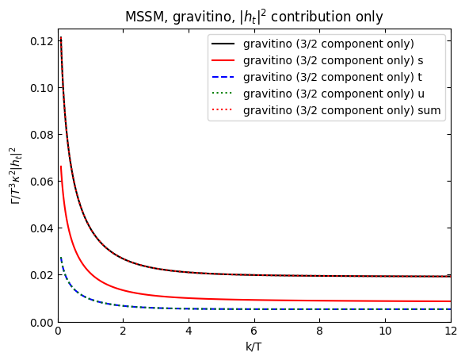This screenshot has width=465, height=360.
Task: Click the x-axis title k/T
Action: pyautogui.click(x=254, y=347)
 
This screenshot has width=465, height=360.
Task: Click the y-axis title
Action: pyautogui.click(x=15, y=175)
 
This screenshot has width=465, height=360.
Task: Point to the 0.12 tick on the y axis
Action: pyautogui.click(x=40, y=41)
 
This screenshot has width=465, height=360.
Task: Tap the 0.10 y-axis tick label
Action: pyautogui.click(x=40, y=88)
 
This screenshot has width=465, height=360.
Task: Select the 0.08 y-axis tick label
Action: pyautogui.click(x=40, y=135)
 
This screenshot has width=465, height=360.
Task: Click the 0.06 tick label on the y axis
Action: pyautogui.click(x=40, y=182)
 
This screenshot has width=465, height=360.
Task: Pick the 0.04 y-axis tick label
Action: pyautogui.click(x=40, y=228)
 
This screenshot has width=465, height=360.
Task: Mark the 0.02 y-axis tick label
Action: pyautogui.click(x=40, y=275)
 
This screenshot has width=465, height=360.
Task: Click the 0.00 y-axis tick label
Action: pyautogui.click(x=40, y=322)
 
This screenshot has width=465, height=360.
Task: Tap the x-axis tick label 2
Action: pyautogui.click(x=123, y=333)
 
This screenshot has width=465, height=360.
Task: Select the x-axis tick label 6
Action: pyautogui.click(x=254, y=333)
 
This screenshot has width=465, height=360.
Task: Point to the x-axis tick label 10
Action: pyautogui.click(x=385, y=333)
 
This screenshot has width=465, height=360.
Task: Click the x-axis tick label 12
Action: pyautogui.click(x=450, y=333)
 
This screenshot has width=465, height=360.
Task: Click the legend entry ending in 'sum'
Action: pyautogui.click(x=341, y=110)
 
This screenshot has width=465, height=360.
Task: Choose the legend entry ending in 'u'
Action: pyautogui.click(x=334, y=94)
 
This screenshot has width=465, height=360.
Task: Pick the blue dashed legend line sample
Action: pyautogui.click(x=225, y=77)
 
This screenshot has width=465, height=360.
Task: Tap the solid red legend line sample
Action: pyautogui.click(x=225, y=60)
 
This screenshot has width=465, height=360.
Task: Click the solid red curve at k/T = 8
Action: pyautogui.click(x=320, y=301)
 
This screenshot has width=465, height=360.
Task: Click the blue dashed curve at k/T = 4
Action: pyautogui.click(x=189, y=308)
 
